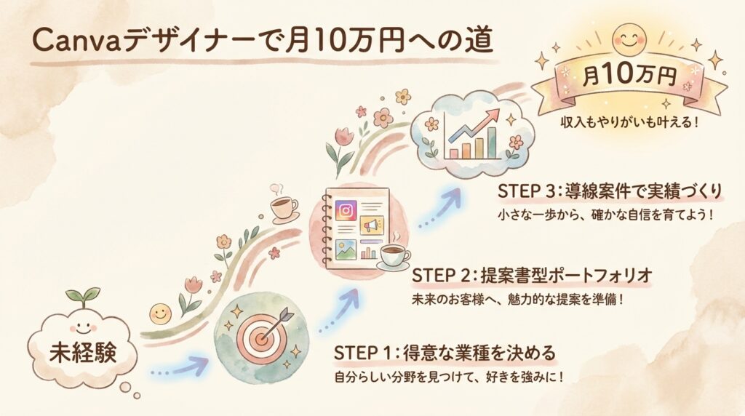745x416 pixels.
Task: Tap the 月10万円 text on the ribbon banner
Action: pos(629,75)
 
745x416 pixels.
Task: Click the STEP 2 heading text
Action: pos(532,276)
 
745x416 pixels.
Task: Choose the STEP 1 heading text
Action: pos(445,353)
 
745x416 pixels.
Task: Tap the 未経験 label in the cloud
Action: pos(83,353)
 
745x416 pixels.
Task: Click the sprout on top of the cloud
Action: pos(83,297)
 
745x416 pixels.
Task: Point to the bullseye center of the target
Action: pos(260,337)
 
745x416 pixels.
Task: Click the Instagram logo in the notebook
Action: pos(346,210)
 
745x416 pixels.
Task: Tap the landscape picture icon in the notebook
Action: pos(346,249)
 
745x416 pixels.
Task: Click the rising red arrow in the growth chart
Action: pos(474,127)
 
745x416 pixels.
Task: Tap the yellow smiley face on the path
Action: pos(159,314)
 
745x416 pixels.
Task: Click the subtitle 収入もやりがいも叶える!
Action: pos(629,122)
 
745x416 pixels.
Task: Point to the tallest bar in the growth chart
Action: pos(492,143)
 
